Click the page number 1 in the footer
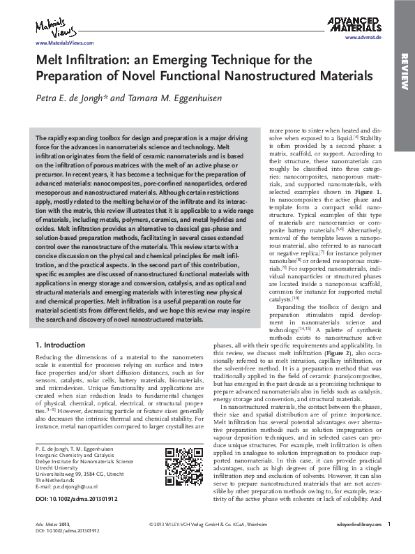tap(388, 542)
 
